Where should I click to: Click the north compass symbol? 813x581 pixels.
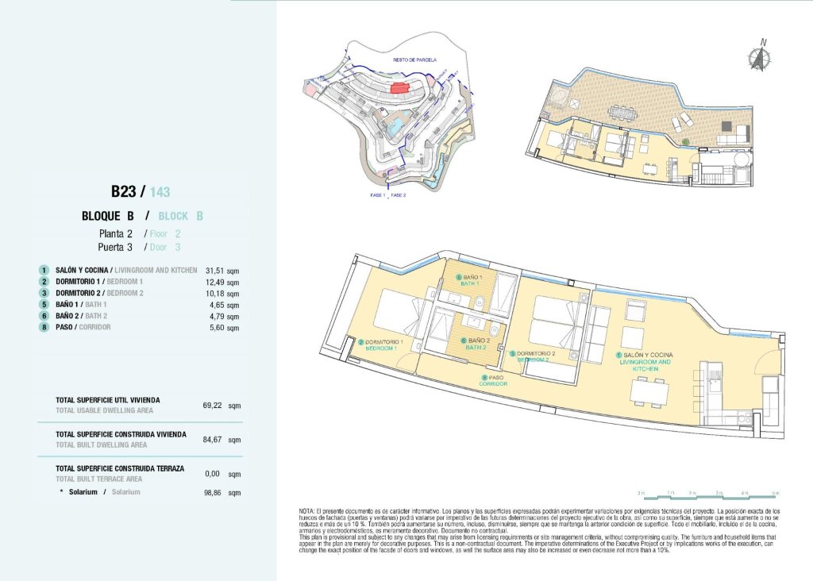click(x=760, y=55)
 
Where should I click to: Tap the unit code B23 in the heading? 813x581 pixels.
click(x=124, y=191)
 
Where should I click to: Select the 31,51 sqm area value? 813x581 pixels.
click(x=222, y=271)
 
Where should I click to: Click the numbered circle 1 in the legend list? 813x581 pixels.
click(x=44, y=271)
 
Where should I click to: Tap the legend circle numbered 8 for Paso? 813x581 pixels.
click(x=44, y=327)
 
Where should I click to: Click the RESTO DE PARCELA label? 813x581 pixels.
click(x=410, y=60)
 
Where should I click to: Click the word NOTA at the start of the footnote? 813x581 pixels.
click(x=307, y=511)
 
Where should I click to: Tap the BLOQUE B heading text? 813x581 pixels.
click(x=106, y=216)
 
